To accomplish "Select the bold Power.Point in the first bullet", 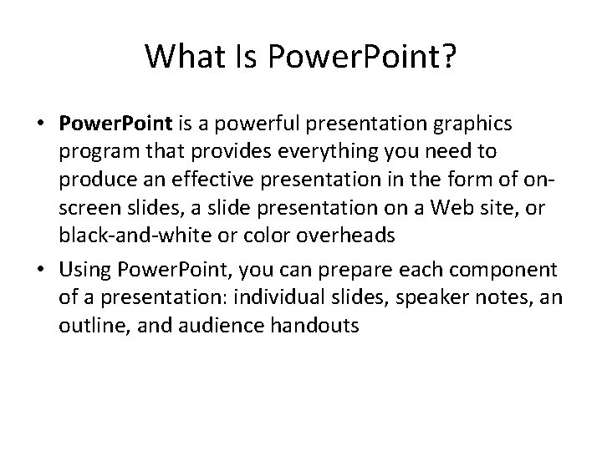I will (x=115, y=124).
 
